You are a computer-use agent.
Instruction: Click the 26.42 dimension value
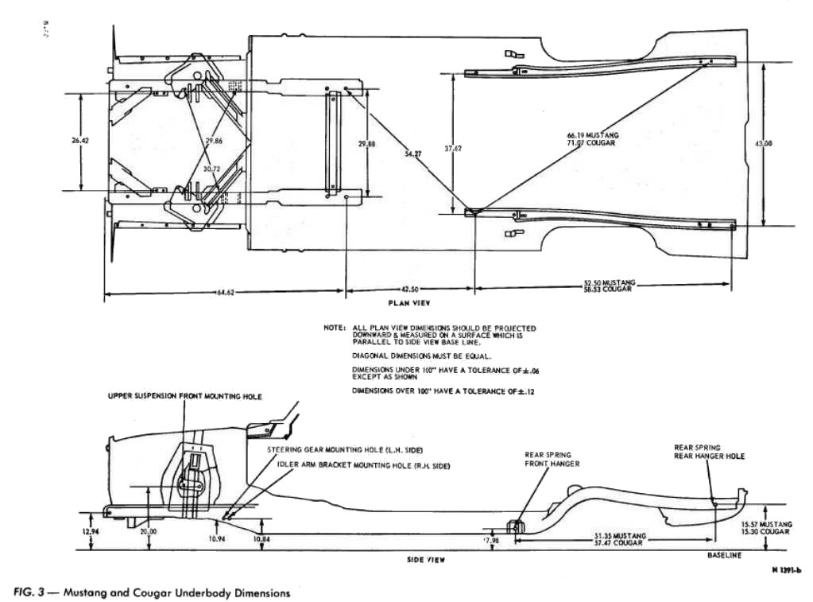tap(80, 141)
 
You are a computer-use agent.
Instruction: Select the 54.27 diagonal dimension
tap(412, 154)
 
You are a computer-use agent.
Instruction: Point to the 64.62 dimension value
tap(226, 293)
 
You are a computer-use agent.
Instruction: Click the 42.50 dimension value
tap(410, 288)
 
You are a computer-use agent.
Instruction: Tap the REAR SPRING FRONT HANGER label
tap(552, 460)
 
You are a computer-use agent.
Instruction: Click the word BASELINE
tap(724, 555)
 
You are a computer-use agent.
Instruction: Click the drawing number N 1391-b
tap(785, 569)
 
